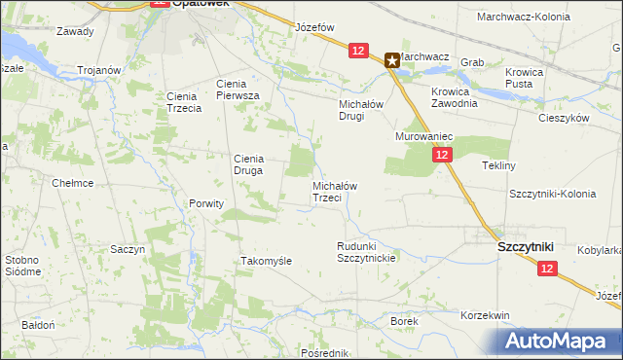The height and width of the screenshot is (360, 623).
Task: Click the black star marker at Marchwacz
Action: pyautogui.click(x=392, y=60)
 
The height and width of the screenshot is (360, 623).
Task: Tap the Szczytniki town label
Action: pyautogui.click(x=526, y=247)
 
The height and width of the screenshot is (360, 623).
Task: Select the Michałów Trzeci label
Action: pyautogui.click(x=340, y=191)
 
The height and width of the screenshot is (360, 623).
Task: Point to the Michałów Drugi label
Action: pyautogui.click(x=364, y=109)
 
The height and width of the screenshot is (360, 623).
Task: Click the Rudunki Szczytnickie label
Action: pyautogui.click(x=365, y=252)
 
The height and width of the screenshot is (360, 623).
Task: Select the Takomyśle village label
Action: pyautogui.click(x=267, y=261)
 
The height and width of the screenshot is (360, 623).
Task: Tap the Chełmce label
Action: pyautogui.click(x=71, y=182)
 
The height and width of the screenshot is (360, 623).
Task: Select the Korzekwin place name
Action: pyautogui.click(x=486, y=315)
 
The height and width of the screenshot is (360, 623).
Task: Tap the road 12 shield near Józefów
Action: pyautogui.click(x=358, y=51)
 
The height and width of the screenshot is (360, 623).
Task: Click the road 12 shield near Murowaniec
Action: pyautogui.click(x=443, y=155)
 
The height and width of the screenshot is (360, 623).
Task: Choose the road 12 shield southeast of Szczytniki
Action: pyautogui.click(x=548, y=268)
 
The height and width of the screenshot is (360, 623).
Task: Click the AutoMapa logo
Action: pyautogui.click(x=560, y=342)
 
